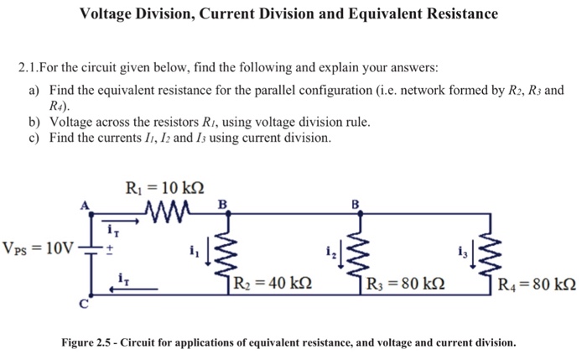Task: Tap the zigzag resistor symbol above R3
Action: [x=361, y=243]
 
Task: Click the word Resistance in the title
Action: [x=457, y=14]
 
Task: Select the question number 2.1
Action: [x=30, y=67]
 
